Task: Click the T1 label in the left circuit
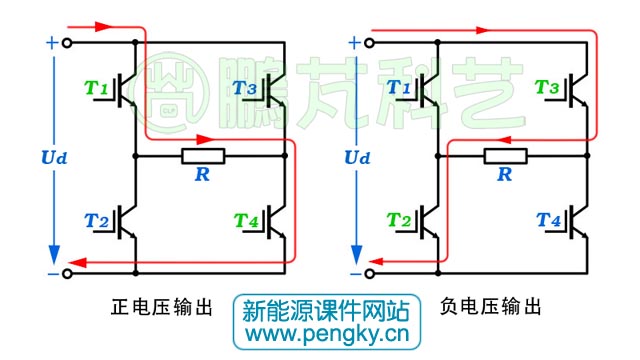tap(98, 89)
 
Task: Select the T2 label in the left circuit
tap(98, 220)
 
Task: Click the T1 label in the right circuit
tap(400, 89)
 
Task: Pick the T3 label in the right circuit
tap(547, 89)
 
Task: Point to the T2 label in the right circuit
tap(400, 220)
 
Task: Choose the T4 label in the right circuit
tap(547, 220)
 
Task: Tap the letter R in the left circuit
tap(203, 175)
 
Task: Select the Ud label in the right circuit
tap(356, 158)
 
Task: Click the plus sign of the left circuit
tap(51, 43)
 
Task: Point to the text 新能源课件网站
tap(320, 309)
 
